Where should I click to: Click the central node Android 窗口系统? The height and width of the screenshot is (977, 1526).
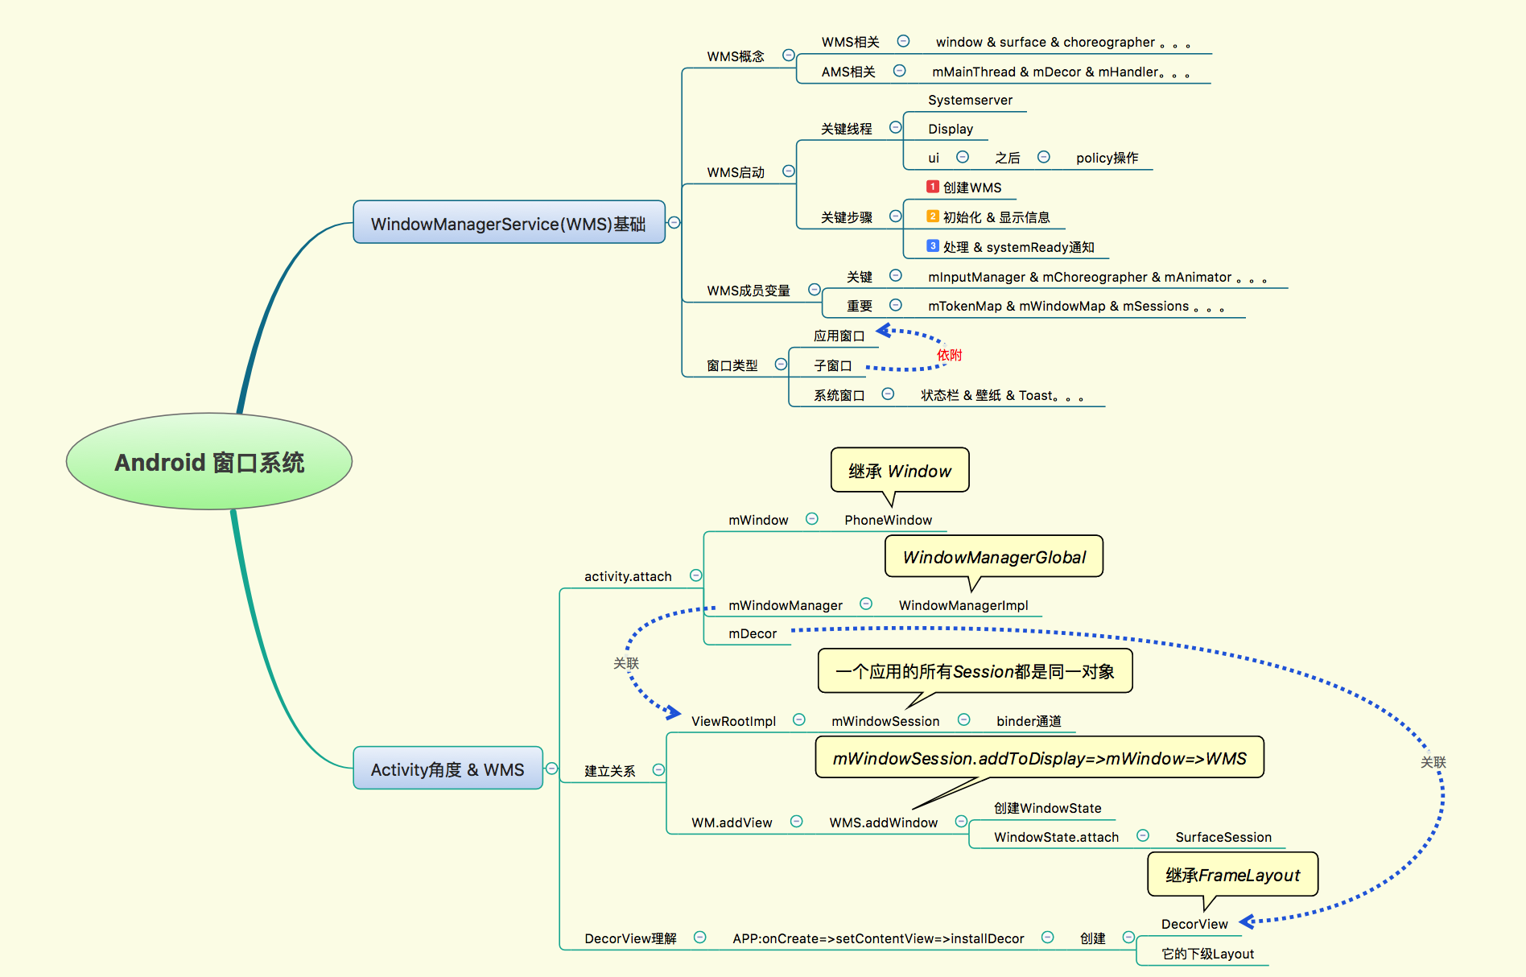[209, 462]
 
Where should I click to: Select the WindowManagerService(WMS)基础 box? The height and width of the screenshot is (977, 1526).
[509, 223]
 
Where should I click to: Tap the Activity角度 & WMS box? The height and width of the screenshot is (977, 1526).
[447, 769]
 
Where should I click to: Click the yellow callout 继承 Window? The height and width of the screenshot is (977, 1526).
[899, 470]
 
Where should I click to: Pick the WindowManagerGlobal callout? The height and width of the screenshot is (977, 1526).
[994, 557]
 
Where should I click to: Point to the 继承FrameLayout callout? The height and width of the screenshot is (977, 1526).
[1232, 875]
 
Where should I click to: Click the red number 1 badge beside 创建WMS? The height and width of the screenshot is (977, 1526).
[933, 187]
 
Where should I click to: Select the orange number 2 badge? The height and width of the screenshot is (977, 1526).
[933, 216]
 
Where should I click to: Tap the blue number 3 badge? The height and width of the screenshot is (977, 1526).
[933, 246]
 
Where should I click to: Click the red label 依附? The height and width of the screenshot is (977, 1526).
[949, 355]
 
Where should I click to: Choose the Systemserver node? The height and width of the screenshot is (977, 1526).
[970, 100]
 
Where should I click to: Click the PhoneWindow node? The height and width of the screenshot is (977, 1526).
[888, 520]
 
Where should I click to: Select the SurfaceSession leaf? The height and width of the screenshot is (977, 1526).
[1223, 837]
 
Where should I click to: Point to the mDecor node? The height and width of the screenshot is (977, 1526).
[753, 633]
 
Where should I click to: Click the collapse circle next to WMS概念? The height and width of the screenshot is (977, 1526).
[789, 56]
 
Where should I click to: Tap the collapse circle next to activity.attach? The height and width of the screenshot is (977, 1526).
[696, 575]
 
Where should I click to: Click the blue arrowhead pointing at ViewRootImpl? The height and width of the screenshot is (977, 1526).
[674, 712]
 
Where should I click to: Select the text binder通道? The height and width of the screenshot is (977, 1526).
[1029, 721]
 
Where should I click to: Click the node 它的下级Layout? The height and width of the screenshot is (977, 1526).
[1207, 954]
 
